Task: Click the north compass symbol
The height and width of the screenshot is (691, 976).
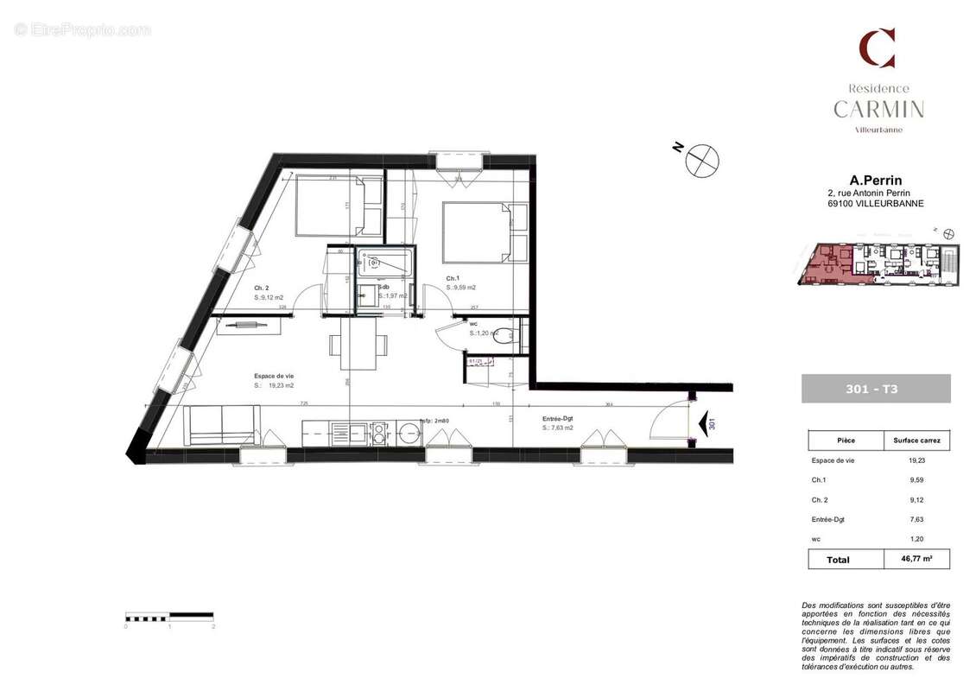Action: pyautogui.click(x=702, y=162)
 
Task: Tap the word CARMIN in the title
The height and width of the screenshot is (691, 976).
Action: pyautogui.click(x=878, y=110)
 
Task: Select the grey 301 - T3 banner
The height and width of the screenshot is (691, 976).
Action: pyautogui.click(x=876, y=389)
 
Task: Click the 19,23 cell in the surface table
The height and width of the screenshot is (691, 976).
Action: pyautogui.click(x=916, y=460)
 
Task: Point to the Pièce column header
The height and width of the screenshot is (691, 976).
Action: pyautogui.click(x=846, y=440)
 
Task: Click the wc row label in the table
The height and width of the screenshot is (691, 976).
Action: pyautogui.click(x=816, y=539)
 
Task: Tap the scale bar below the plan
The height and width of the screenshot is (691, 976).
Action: pyautogui.click(x=169, y=616)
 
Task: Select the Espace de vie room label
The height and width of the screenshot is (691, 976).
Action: pyautogui.click(x=274, y=376)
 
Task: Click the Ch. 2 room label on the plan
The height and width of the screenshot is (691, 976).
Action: pyautogui.click(x=262, y=288)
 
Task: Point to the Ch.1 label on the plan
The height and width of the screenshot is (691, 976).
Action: pyautogui.click(x=453, y=278)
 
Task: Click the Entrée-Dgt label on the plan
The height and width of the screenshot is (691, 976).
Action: pyautogui.click(x=558, y=417)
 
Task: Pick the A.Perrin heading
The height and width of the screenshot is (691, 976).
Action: pyautogui.click(x=876, y=181)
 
